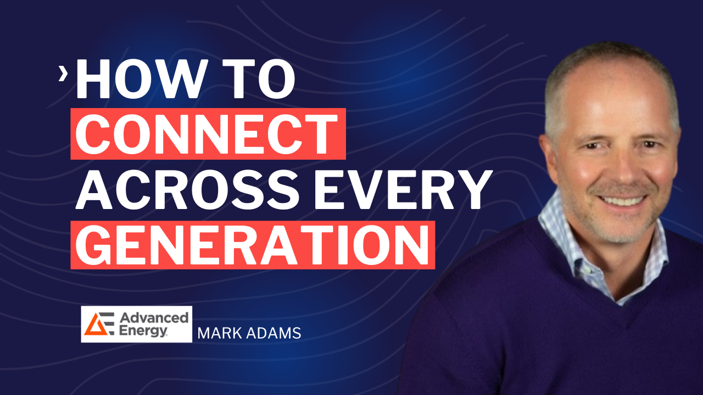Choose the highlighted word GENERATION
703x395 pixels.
[x=252, y=245]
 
